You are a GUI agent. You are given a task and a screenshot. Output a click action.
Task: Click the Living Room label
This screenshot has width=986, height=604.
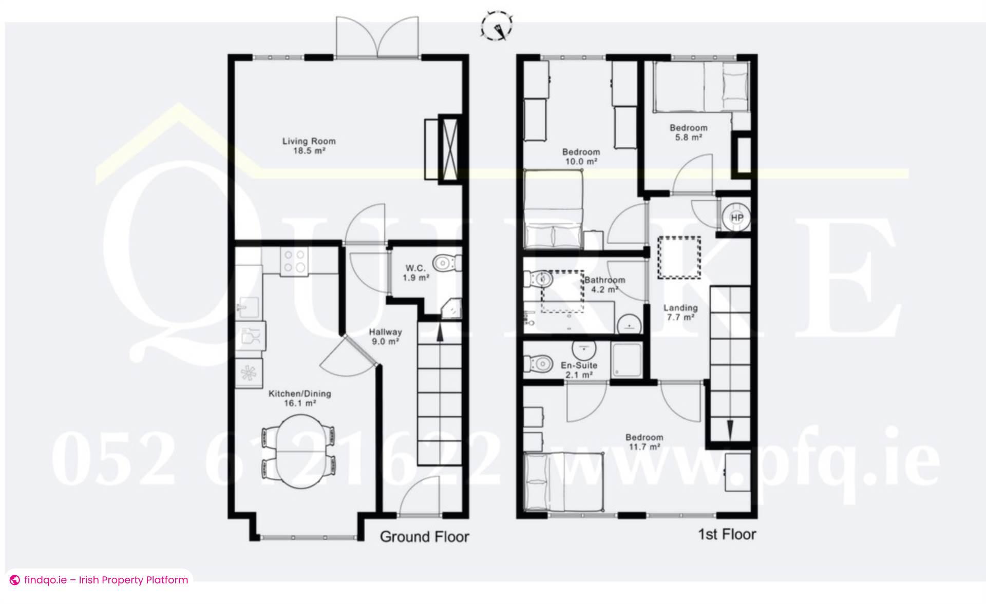309,146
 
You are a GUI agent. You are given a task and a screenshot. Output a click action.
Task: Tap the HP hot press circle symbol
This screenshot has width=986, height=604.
736,218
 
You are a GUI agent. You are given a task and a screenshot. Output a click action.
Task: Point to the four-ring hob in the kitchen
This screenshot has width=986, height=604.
294,261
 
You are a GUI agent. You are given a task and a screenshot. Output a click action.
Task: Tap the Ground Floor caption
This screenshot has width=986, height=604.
424,537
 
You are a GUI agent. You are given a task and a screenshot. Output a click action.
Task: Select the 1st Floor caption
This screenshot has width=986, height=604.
727,534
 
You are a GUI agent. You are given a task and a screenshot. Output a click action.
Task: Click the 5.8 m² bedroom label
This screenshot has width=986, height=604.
688,132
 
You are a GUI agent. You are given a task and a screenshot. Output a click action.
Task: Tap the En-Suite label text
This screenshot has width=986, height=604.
579,365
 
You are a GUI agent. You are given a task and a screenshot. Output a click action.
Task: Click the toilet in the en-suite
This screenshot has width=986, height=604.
538,363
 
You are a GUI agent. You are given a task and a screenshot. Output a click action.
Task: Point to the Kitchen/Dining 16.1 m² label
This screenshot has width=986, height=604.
300,398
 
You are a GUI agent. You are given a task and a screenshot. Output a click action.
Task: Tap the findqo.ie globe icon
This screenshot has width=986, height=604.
15,580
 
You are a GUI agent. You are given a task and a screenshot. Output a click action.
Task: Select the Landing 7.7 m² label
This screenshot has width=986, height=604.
680,312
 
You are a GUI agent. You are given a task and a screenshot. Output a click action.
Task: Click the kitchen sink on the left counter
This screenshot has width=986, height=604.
248,308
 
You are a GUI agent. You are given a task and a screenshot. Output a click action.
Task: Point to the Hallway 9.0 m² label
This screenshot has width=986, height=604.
385,337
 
